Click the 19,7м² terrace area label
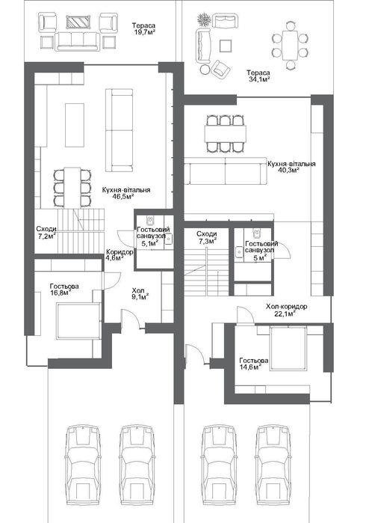click(x=143, y=28)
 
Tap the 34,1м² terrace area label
click(x=258, y=76)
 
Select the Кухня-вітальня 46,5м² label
click(x=126, y=193)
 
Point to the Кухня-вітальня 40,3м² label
click(x=291, y=167)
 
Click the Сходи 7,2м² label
click(x=46, y=233)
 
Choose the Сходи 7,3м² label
click(x=206, y=237)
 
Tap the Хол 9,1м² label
click(x=140, y=293)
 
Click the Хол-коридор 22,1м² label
click(x=286, y=310)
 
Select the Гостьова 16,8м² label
click(x=64, y=290)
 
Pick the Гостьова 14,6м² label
click(x=254, y=364)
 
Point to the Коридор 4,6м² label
click(x=120, y=255)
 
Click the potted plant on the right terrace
click(x=204, y=19)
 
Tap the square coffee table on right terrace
click(x=226, y=46)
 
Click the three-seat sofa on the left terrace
click(x=78, y=41)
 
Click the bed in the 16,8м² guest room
click(x=78, y=321)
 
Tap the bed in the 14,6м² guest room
click(x=288, y=349)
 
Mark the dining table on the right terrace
click(x=290, y=45)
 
